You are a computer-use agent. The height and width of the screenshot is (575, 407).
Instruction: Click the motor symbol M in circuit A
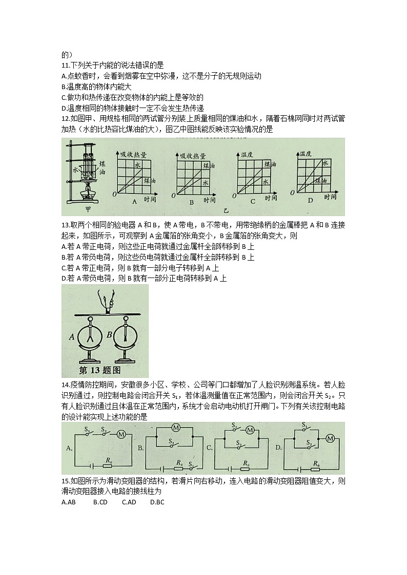[x=121, y=435]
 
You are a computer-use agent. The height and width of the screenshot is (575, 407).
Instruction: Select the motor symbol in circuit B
[x=175, y=428]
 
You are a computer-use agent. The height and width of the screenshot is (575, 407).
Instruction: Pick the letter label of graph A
[x=135, y=202]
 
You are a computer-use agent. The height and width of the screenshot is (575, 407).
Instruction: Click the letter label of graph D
[x=310, y=201]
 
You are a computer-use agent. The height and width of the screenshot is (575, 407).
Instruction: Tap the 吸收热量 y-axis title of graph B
[x=193, y=156]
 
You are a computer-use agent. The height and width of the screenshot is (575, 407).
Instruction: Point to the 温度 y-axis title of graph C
[x=247, y=154]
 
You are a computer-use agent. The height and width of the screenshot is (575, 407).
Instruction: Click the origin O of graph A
[x=114, y=194]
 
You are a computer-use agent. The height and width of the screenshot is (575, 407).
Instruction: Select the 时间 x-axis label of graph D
[x=330, y=196]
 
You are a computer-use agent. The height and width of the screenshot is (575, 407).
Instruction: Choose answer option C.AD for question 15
[x=129, y=502]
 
